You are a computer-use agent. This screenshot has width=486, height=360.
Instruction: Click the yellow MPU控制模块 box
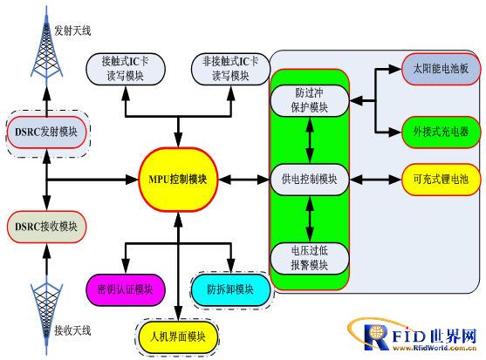coord(178,180)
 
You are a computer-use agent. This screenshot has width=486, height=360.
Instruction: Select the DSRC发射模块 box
coord(46,132)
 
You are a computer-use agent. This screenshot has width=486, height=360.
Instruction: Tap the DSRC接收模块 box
coord(46,227)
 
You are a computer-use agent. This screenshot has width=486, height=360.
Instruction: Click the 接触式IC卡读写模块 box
coord(126,69)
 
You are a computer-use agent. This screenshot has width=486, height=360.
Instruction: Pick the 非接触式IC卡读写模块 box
coord(230,69)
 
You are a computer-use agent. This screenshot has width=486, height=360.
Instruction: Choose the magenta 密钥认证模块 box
coord(126,289)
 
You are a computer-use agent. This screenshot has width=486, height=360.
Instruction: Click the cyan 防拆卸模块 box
coord(230,289)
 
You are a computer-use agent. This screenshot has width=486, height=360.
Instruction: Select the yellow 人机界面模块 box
coord(178,337)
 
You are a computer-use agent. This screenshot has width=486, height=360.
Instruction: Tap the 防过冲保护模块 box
coord(310,100)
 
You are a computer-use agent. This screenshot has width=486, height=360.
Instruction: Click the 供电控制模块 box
coord(310,180)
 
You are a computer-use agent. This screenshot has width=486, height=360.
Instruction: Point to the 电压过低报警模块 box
coord(310,258)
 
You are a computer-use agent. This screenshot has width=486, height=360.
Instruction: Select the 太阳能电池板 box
coord(442,69)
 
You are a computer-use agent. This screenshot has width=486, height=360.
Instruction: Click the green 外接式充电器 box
coord(442,132)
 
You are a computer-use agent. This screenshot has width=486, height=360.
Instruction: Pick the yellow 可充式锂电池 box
coord(442,180)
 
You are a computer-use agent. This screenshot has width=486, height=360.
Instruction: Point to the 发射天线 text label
coord(72,31)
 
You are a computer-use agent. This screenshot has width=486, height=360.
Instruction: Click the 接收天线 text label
coord(72,331)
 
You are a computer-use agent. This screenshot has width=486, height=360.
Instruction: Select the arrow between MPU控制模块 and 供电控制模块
coord(244,180)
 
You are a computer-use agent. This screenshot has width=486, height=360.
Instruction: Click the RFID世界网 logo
coord(412,336)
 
